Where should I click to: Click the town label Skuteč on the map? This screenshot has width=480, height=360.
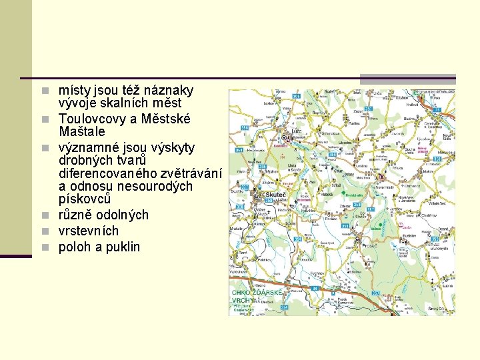point(276,195)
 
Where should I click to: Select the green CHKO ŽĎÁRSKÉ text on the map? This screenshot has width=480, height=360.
point(257,293)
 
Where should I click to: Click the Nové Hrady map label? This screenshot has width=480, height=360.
point(385,187)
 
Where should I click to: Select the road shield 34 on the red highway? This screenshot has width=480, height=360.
point(315,288)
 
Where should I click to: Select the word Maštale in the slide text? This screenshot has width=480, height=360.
point(81,132)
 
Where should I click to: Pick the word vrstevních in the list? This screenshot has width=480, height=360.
point(89,231)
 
